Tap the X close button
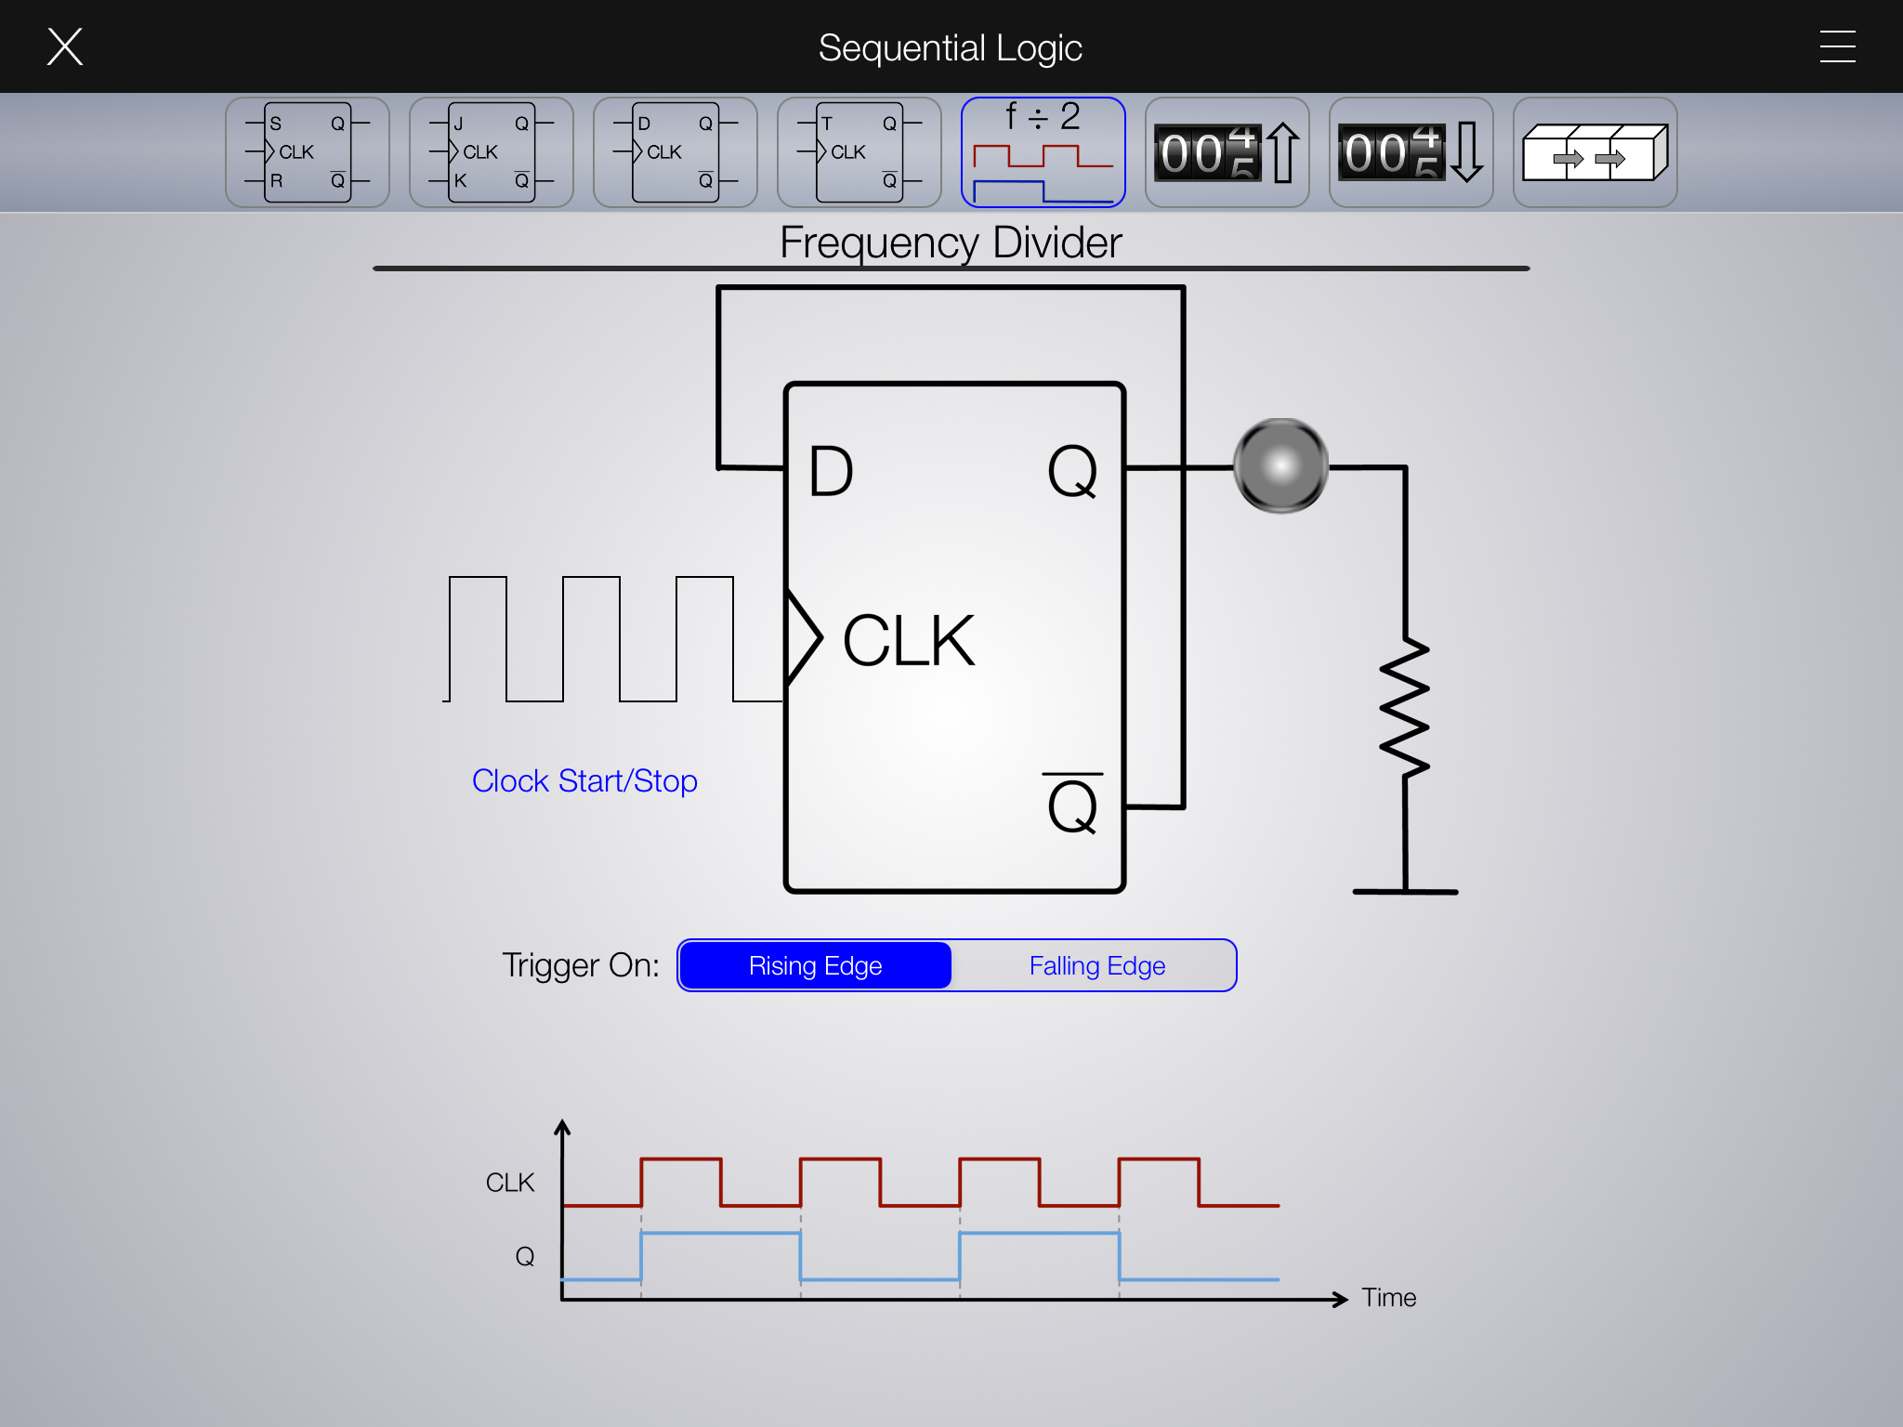(x=65, y=46)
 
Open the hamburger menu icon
(x=1837, y=46)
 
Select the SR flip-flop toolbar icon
(x=308, y=152)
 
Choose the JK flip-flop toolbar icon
(x=492, y=152)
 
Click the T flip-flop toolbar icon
(x=860, y=152)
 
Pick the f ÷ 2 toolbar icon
(x=1043, y=152)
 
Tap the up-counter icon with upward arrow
(x=1227, y=152)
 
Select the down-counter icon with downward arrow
(x=1411, y=152)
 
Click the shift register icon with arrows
(x=1595, y=152)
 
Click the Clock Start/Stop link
(x=584, y=781)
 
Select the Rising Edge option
(x=815, y=966)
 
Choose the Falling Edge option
(x=1096, y=966)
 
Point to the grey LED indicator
(x=1280, y=465)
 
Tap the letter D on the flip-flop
(x=831, y=472)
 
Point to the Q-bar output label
(x=1072, y=804)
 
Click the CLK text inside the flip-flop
(x=909, y=641)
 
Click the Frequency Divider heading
(x=951, y=243)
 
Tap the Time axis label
(x=1388, y=1298)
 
